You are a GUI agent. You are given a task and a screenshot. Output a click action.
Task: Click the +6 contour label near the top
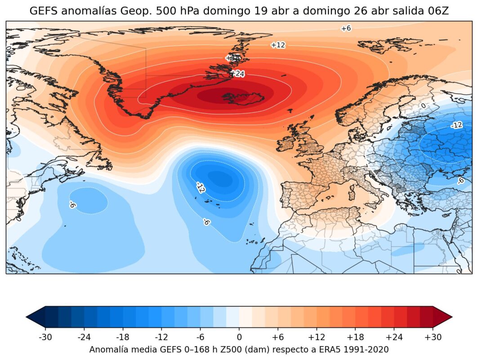point(345,28)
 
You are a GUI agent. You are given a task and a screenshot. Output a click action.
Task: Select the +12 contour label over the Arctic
point(278,45)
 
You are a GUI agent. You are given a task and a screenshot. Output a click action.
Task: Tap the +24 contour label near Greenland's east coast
point(237,73)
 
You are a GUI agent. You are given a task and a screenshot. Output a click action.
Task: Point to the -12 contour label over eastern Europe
point(456,125)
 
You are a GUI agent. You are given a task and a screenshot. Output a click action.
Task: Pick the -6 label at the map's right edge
point(460,180)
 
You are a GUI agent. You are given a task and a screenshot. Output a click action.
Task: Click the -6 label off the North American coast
point(72,205)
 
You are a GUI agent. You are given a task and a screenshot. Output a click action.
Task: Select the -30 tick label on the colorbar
point(45,337)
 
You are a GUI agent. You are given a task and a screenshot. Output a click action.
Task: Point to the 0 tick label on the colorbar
point(239,337)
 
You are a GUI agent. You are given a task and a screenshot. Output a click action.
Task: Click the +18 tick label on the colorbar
point(355,337)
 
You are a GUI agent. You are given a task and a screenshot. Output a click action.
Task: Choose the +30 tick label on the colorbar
point(433,337)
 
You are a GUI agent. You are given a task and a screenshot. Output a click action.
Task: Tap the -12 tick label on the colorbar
point(161,337)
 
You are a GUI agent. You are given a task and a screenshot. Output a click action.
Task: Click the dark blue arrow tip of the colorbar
point(34,317)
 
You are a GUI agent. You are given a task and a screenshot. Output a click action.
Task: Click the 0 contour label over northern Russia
point(423,106)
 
